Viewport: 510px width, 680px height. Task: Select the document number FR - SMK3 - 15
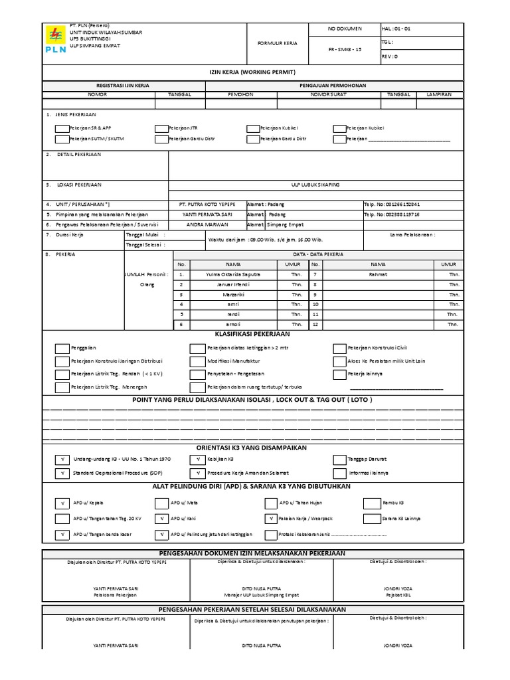coord(345,50)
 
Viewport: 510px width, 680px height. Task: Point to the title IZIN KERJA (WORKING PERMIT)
coord(255,71)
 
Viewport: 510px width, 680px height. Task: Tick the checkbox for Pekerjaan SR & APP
coord(61,128)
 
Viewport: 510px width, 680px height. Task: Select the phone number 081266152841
coord(392,205)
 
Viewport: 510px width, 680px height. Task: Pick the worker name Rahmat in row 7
coord(377,274)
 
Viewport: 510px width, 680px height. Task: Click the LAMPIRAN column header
coord(439,94)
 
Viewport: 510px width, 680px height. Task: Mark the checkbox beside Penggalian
coord(61,348)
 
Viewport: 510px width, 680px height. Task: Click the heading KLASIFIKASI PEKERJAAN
coord(255,334)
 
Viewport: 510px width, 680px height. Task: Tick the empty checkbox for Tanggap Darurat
coord(339,460)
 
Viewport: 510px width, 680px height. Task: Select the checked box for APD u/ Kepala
coord(61,503)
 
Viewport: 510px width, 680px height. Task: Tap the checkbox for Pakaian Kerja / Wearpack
coord(270,518)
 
